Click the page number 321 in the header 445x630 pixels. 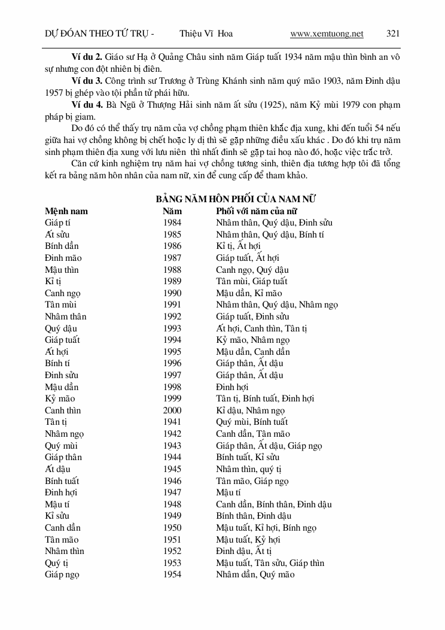[393, 34]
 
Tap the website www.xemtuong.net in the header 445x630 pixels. [327, 34]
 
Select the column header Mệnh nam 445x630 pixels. [66, 211]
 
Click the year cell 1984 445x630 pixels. [172, 223]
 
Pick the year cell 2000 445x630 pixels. [172, 410]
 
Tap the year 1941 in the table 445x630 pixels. [172, 422]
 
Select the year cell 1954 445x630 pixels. [172, 574]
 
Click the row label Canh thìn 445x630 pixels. [63, 410]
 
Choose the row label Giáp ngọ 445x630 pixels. [62, 574]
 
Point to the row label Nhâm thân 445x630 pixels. [65, 316]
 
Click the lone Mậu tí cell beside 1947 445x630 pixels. [228, 492]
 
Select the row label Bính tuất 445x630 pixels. [62, 480]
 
